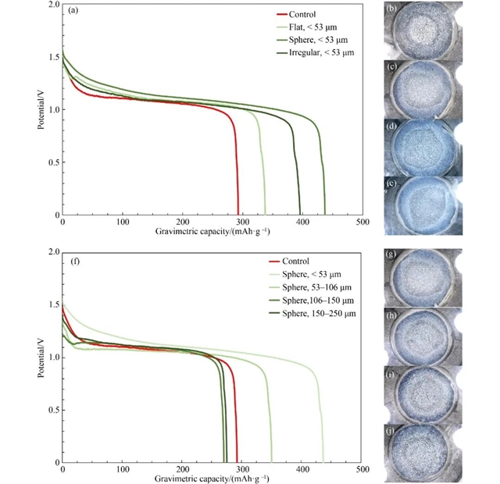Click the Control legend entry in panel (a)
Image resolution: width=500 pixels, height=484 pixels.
301,13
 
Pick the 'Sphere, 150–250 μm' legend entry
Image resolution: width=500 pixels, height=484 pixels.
322,312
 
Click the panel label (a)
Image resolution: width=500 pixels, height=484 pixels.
73,11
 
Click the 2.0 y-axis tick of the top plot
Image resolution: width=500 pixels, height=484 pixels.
53,5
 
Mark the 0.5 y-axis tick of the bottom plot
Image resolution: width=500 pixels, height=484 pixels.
53,410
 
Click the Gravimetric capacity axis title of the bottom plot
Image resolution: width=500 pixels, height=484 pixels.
212,478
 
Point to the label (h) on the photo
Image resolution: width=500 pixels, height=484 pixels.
395,314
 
